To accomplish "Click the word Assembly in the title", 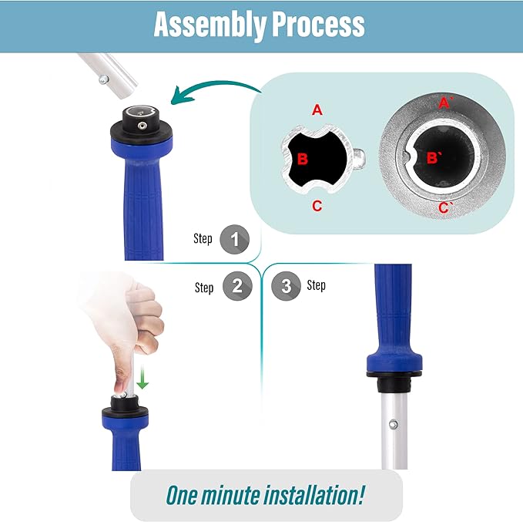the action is pos(210,25).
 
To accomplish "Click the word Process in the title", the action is pos(318,24).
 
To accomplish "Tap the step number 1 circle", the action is pos(234,239).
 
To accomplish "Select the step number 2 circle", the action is pos(237,286).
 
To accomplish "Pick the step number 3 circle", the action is pos(287,286).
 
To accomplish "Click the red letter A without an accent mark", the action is pos(317,110).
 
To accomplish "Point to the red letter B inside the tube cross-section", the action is pos(302,159).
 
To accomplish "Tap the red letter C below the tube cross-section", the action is pos(317,206).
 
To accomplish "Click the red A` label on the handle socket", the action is pos(445,103).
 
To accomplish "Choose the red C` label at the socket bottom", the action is pos(445,207).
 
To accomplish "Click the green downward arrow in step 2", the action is pos(142,377).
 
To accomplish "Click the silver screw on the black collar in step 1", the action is pos(142,126).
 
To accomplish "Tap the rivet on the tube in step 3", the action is pos(394,424).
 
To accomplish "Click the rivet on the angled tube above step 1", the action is pos(104,79).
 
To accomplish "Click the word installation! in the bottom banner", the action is pos(313,494).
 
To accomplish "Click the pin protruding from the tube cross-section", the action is pos(358,158).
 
